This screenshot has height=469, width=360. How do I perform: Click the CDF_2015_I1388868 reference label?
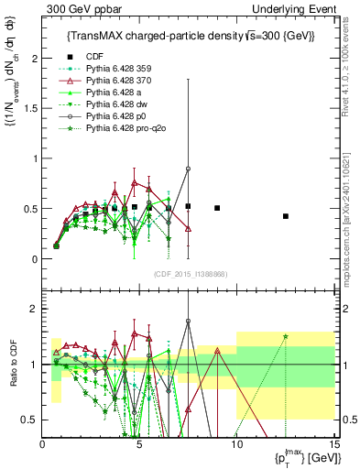[x=188, y=272]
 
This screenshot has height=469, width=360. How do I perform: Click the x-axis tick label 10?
[x=236, y=444]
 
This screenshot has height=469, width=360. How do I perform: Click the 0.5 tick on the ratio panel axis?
[x=32, y=420]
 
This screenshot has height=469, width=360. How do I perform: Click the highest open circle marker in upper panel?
[x=188, y=169]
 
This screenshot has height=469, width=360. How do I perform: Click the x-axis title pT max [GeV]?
[x=302, y=458]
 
